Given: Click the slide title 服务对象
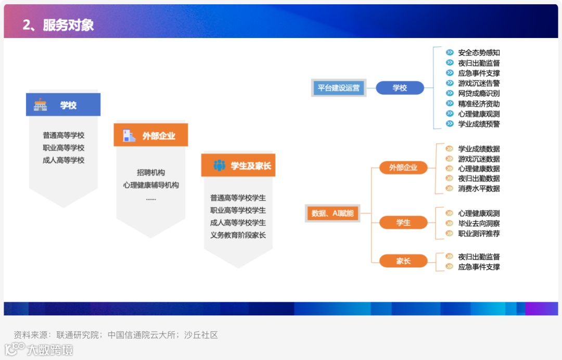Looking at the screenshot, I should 68,25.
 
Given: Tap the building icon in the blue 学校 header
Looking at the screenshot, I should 40,105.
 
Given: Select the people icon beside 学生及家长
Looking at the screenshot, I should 219,166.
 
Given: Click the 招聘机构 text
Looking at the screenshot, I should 151,173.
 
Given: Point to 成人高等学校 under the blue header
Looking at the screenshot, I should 63,160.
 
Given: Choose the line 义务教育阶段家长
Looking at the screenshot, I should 238,235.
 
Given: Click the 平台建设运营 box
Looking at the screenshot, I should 338,88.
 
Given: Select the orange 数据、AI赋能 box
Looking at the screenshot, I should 332,213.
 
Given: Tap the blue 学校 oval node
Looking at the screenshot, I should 400,88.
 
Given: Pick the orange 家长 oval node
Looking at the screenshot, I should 403,261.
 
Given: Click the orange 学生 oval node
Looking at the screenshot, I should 403,223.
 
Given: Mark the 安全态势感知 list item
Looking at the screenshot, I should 479,53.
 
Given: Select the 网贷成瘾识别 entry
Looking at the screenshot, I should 479,93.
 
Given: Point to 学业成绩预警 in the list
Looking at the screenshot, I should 479,124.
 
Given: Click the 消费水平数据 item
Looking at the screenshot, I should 479,188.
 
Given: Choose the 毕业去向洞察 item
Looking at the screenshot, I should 479,223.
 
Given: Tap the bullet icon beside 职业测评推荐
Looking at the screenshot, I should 449,234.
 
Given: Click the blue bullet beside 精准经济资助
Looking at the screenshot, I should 450,104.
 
